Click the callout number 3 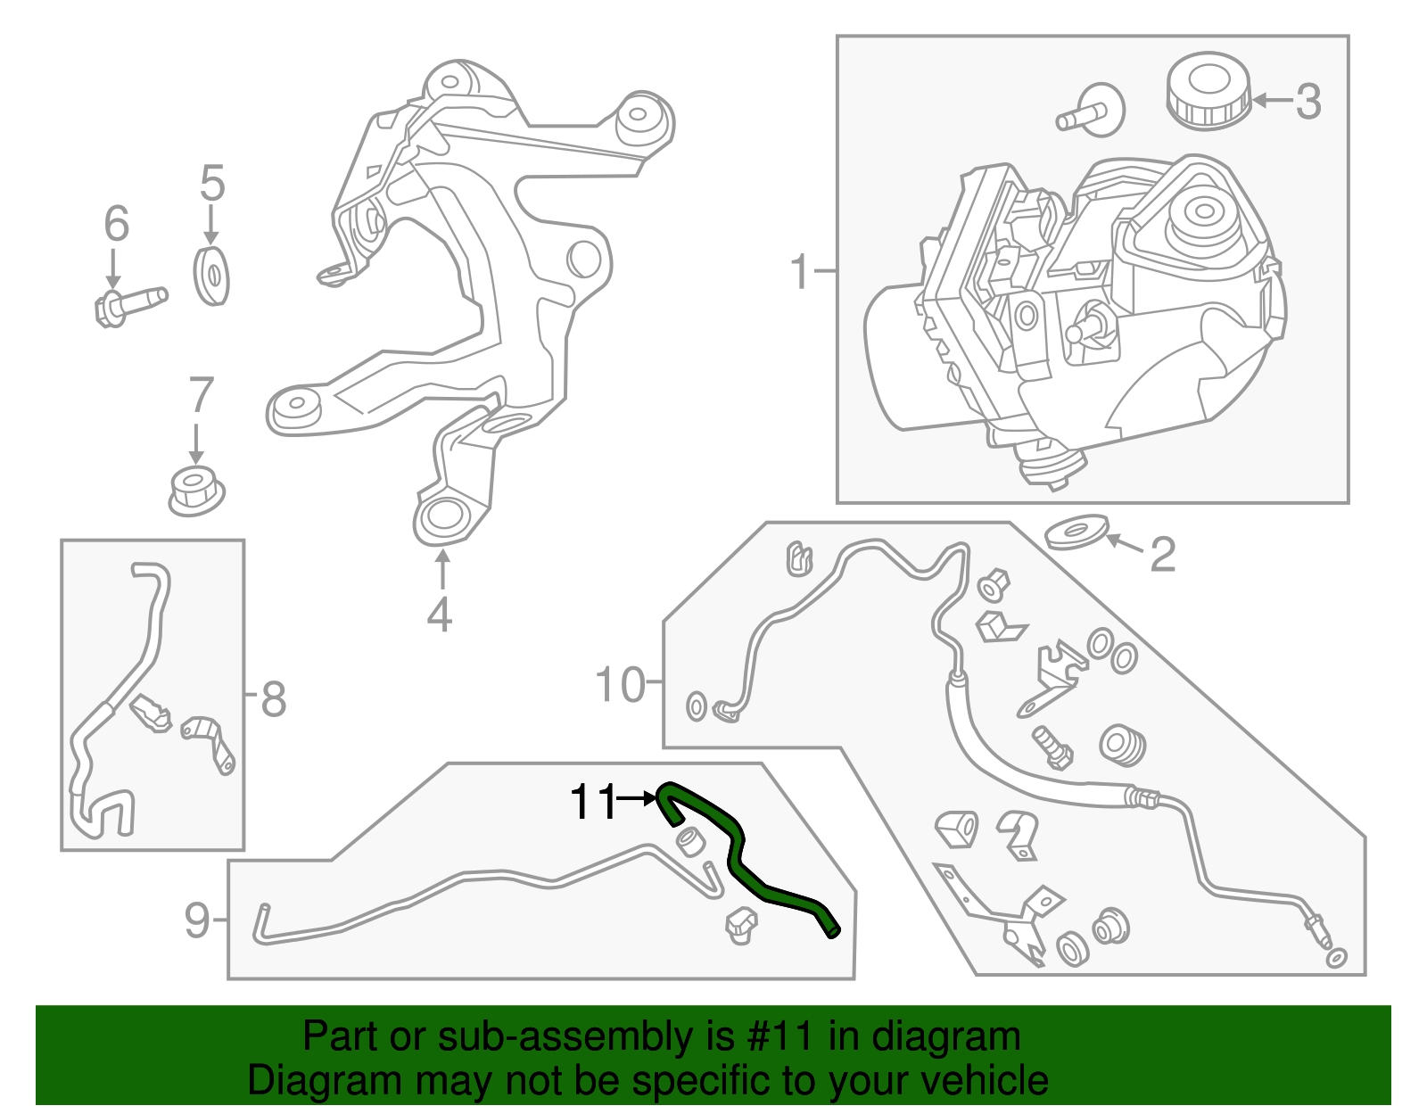point(1307,102)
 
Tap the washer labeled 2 point(1076,532)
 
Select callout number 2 point(1162,555)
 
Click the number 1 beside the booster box point(799,271)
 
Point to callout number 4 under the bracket point(439,615)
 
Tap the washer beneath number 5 point(211,276)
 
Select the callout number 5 point(211,183)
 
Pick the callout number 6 point(116,223)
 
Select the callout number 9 point(197,920)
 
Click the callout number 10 point(619,685)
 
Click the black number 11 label point(592,802)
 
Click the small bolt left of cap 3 point(1091,111)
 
